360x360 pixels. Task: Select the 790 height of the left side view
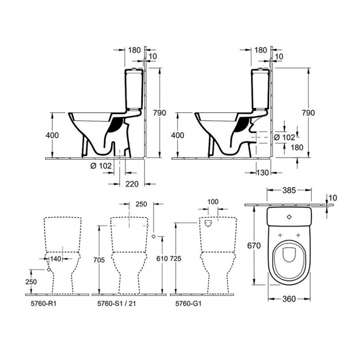click(160, 113)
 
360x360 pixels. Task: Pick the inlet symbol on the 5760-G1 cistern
click(209, 224)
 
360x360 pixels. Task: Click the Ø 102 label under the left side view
click(101, 165)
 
